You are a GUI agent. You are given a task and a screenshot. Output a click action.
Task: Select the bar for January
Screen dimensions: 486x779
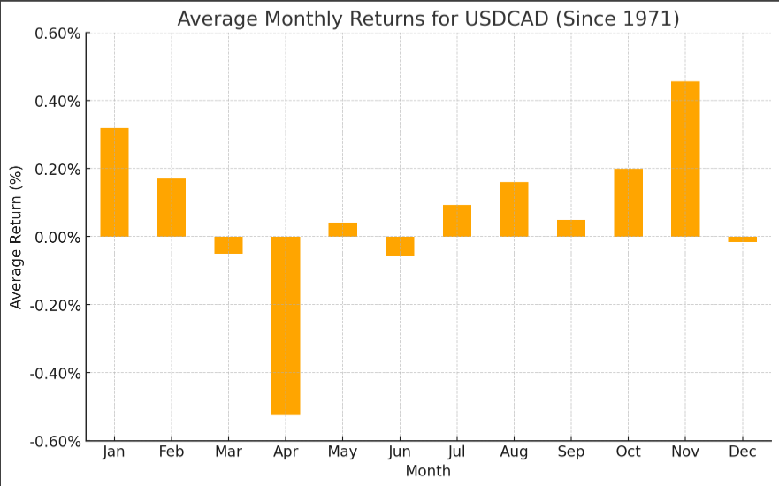[114, 182]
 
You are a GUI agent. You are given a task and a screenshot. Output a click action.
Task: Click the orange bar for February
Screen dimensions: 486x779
[172, 208]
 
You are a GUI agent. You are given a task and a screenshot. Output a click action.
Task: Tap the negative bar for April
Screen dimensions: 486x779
[286, 325]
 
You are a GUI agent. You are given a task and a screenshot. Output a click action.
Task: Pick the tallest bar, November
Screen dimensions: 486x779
[685, 159]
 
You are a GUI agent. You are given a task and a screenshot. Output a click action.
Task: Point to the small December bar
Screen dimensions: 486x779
[742, 239]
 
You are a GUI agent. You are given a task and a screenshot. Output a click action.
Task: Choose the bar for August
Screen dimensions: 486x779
[514, 209]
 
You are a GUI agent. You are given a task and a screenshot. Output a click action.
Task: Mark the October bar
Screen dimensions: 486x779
[628, 202]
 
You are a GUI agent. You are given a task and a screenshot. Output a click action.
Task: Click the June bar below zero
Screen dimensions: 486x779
[400, 247]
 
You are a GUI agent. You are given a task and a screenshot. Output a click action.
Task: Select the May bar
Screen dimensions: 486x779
[343, 230]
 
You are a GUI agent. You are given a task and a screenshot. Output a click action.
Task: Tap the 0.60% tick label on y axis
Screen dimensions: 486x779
[57, 34]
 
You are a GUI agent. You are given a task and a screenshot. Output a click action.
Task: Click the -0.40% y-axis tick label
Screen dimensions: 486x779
[55, 373]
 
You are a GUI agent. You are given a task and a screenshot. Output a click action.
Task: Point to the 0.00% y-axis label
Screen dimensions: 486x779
[57, 237]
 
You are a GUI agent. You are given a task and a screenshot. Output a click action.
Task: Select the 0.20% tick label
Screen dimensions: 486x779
[57, 169]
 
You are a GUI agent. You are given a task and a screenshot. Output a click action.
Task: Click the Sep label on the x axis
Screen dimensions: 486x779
[571, 452]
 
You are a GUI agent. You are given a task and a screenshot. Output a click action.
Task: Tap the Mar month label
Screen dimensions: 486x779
[228, 452]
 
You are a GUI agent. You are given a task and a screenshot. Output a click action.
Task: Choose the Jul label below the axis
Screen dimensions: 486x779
[457, 452]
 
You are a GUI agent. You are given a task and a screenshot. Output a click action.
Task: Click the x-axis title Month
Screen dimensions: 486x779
[428, 471]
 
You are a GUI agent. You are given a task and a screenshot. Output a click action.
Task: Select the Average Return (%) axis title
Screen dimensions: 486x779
[16, 237]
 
